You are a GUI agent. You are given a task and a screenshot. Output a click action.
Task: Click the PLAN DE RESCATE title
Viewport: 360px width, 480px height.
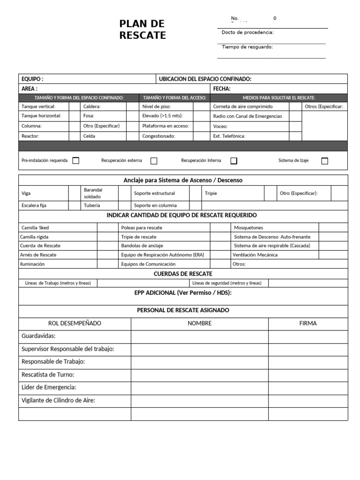tap(142, 30)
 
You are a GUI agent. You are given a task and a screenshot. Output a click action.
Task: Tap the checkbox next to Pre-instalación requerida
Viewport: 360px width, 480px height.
tap(76, 160)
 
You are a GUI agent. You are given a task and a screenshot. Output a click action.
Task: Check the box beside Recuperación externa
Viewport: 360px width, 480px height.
tap(154, 161)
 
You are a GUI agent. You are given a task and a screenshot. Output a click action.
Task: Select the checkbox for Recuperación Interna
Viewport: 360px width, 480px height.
tap(234, 161)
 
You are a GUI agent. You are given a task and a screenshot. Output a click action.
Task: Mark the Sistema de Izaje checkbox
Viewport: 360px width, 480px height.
tap(324, 161)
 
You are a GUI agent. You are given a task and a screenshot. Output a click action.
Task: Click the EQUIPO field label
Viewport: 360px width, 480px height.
tap(32, 79)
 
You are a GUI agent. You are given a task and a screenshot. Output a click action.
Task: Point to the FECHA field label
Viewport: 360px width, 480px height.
tap(222, 89)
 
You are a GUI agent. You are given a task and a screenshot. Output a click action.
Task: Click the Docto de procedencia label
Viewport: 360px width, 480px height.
tap(247, 32)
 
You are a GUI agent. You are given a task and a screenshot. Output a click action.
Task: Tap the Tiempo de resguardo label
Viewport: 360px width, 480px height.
tap(247, 47)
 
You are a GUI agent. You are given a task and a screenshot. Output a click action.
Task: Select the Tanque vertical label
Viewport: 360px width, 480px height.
tap(38, 106)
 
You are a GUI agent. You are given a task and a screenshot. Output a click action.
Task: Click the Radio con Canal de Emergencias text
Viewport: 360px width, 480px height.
tap(247, 116)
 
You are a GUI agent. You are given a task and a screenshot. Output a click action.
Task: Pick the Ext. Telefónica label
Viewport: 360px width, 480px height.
tap(229, 136)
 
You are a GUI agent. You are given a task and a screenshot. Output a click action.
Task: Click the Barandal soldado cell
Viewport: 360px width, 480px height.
tap(93, 193)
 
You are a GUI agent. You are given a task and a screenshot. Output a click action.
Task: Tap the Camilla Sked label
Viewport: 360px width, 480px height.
tap(35, 228)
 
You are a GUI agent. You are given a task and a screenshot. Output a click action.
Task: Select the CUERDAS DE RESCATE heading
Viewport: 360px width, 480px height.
tap(183, 274)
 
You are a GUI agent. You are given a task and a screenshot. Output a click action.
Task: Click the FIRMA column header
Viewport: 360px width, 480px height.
tap(307, 323)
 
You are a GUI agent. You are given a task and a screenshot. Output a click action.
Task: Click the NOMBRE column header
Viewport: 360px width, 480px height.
tap(200, 323)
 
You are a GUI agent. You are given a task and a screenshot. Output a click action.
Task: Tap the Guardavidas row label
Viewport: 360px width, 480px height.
tap(38, 336)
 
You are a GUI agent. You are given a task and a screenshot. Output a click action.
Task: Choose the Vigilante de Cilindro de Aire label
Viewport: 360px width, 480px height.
tap(59, 400)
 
